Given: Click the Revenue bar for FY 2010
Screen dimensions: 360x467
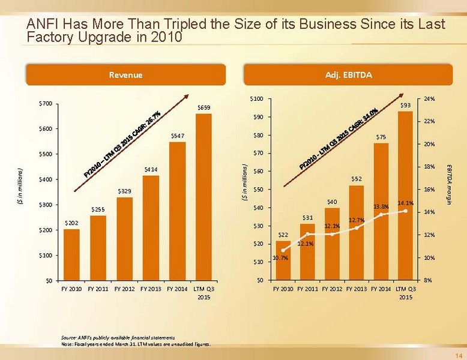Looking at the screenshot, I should [x=71, y=254].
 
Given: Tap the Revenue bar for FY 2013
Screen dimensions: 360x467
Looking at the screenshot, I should [x=151, y=227].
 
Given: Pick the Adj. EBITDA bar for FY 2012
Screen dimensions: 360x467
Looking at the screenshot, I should [x=333, y=244].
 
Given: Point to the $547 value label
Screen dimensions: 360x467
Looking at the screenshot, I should [x=178, y=136].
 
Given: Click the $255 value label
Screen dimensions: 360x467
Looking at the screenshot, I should [x=98, y=209].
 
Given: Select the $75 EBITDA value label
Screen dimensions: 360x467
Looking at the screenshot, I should [x=381, y=137].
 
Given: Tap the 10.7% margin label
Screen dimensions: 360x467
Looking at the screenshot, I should [x=280, y=258].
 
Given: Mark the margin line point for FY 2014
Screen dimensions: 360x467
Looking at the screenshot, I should [x=381, y=214].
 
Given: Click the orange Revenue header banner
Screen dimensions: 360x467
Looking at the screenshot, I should [x=125, y=75].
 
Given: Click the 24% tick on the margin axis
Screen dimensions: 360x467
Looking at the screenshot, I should [x=429, y=99].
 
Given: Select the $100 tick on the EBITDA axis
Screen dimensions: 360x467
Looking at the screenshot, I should [x=256, y=99].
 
